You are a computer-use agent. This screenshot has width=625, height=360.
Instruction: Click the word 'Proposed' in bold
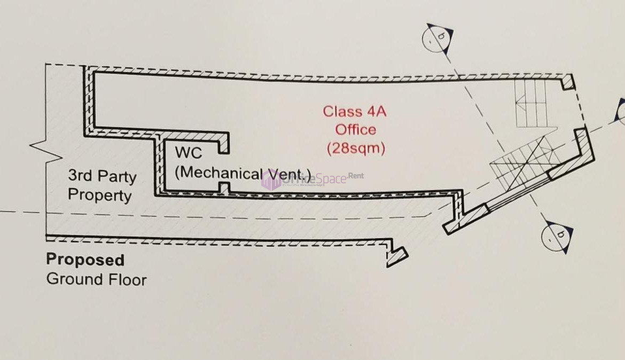tap(85, 260)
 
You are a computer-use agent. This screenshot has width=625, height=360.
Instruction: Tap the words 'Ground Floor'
tap(96, 279)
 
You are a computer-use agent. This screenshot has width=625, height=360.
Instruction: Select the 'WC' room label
tap(189, 153)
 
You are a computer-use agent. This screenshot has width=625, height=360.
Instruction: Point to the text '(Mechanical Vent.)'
tap(243, 173)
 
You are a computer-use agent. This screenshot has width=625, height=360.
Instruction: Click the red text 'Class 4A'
tap(354, 112)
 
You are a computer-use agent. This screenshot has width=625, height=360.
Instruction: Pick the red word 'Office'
tap(355, 130)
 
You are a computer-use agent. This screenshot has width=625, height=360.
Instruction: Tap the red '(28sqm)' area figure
tap(356, 148)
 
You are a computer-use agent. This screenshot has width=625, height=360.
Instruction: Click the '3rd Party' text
tap(102, 176)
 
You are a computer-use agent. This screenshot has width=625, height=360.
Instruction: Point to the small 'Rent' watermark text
tap(356, 175)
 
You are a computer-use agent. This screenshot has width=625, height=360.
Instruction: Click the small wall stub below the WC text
tap(225, 188)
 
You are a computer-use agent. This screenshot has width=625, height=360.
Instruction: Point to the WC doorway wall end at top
tap(225, 143)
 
